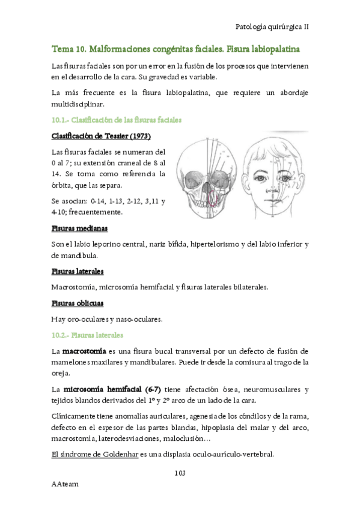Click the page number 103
(180, 473)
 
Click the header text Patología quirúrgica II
(273, 27)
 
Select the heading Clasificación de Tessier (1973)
(101, 136)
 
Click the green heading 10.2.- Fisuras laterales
(87, 334)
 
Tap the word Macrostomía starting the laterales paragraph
(74, 287)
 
